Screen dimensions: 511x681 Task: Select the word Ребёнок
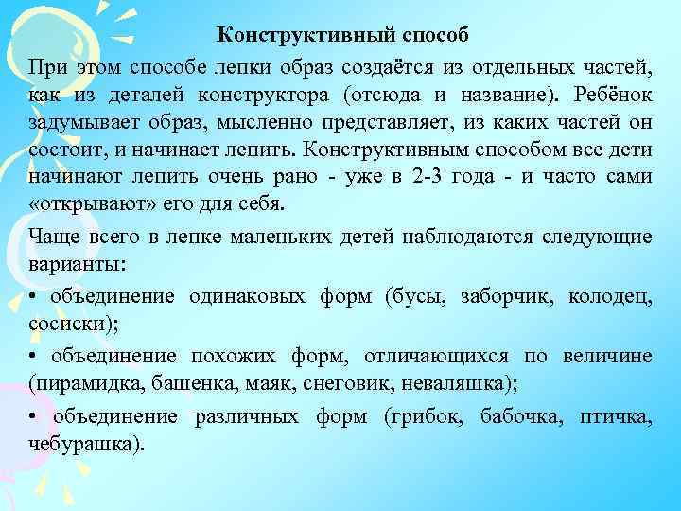pyautogui.click(x=614, y=96)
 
